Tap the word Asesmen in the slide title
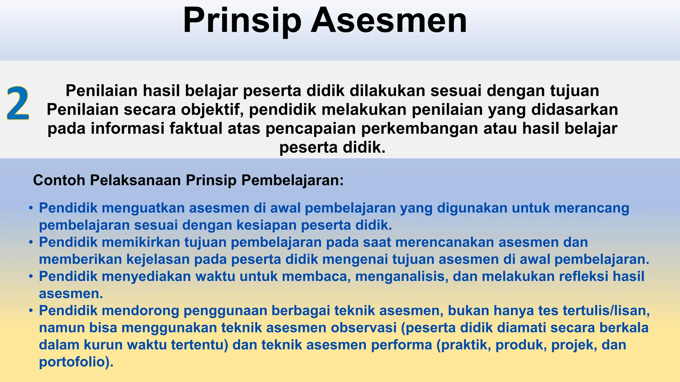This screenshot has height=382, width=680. pyautogui.click(x=389, y=21)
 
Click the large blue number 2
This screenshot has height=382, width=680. pyautogui.click(x=18, y=103)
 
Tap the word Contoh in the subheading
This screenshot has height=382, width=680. pyautogui.click(x=59, y=180)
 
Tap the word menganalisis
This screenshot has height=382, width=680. pyautogui.click(x=402, y=276)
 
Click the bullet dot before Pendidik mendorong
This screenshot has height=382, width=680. pyautogui.click(x=31, y=311)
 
